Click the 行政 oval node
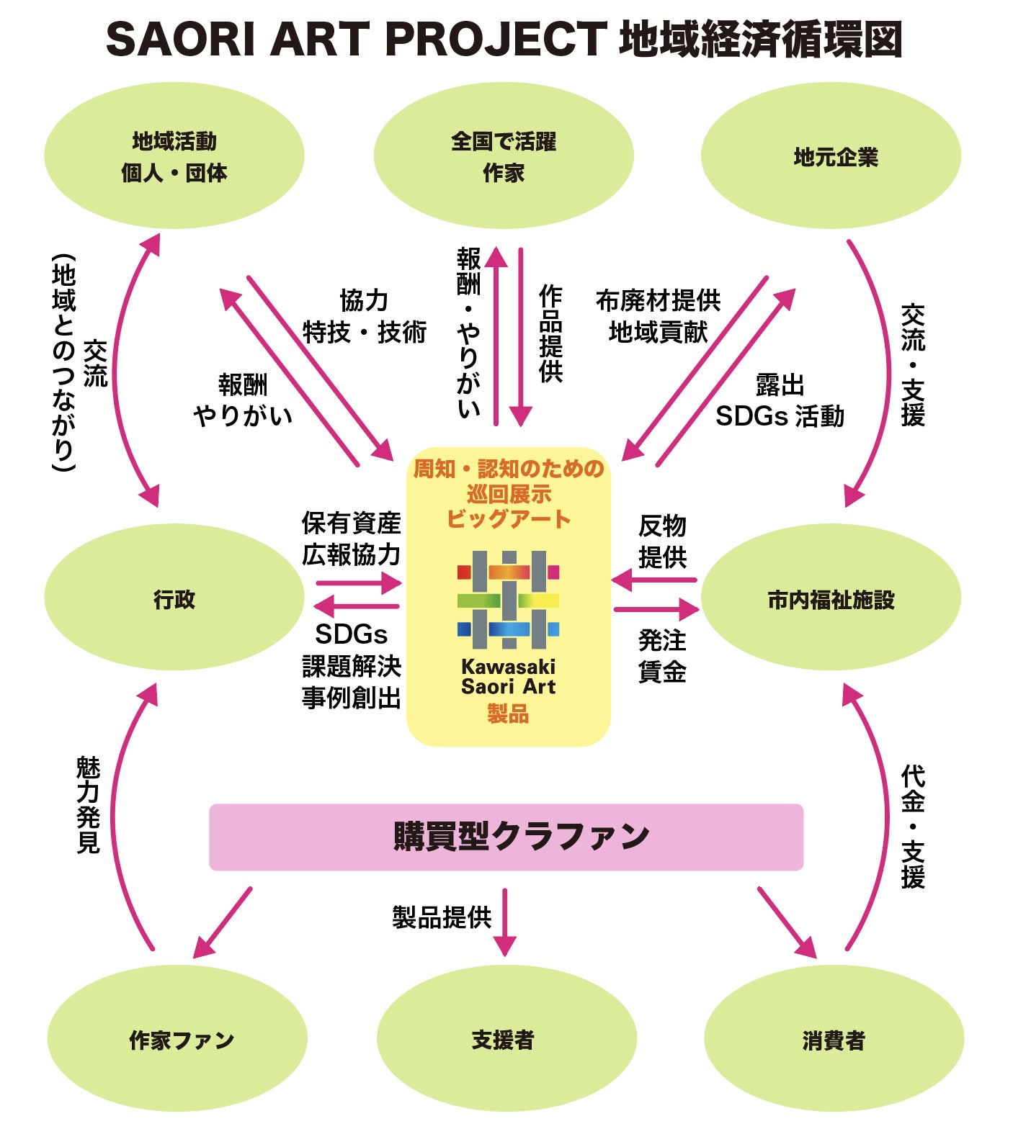point(174,598)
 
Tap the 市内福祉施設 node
point(831,598)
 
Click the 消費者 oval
point(834,1039)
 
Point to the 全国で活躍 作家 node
point(503,156)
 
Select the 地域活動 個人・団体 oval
point(174,156)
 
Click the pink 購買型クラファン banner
point(506,837)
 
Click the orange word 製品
point(508,714)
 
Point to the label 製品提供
point(442,917)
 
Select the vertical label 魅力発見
point(88,804)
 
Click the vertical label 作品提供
point(551,333)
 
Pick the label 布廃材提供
point(658,300)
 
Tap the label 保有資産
point(351,523)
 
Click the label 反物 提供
point(662,541)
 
